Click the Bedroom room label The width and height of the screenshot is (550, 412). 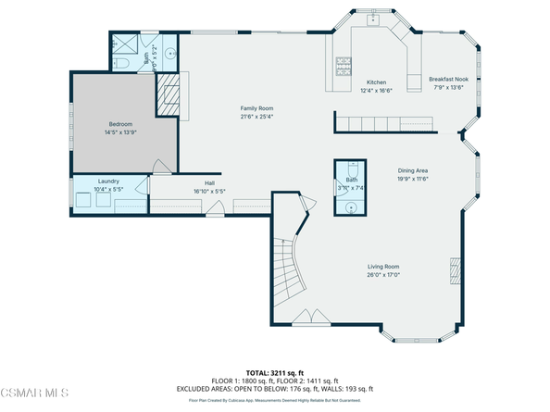[x=121, y=123]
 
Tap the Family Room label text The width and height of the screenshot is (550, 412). [x=257, y=108]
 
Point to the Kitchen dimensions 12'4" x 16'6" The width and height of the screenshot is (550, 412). [x=376, y=91]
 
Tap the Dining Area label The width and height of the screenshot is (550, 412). [x=413, y=170]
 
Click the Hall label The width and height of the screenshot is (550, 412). [x=209, y=182]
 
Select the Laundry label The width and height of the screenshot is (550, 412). [x=109, y=181]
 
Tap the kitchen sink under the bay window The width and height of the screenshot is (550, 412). [x=376, y=19]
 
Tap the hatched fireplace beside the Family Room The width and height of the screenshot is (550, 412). [x=169, y=94]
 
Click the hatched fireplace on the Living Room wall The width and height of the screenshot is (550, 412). [x=453, y=270]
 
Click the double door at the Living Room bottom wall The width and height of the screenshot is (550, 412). [x=303, y=319]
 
